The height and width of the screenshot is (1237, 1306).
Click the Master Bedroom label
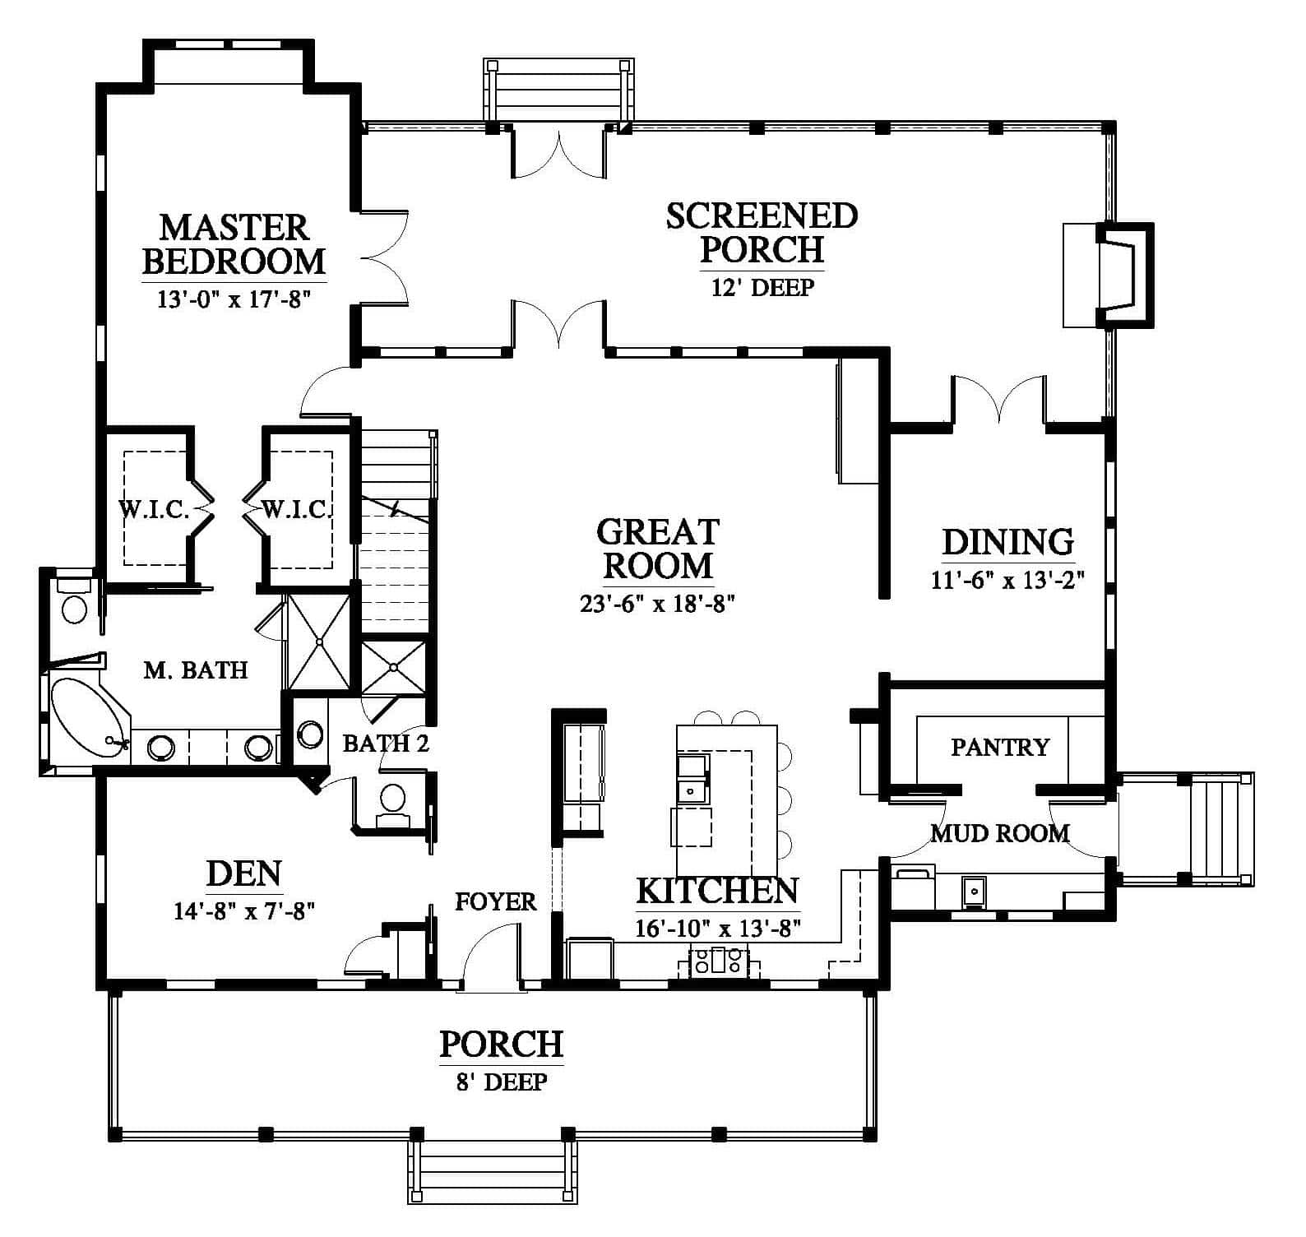(x=234, y=243)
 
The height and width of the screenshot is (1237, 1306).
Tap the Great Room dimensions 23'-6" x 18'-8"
(x=656, y=605)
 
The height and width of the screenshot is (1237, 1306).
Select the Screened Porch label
(x=762, y=232)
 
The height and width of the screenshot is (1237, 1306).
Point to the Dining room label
(x=1007, y=542)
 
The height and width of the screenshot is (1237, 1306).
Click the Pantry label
(x=1000, y=747)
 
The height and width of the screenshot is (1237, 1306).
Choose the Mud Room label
(x=1000, y=833)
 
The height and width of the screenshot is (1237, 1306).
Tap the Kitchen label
(x=717, y=891)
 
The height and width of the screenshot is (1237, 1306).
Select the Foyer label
(x=496, y=902)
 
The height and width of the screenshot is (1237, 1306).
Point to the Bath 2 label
(x=386, y=744)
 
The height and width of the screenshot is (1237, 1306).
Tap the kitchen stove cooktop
(x=712, y=960)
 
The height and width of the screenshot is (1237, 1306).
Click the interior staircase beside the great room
(x=395, y=530)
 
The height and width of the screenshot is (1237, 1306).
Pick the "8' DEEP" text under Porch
(x=501, y=1081)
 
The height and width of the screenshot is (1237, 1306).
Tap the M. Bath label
(x=196, y=670)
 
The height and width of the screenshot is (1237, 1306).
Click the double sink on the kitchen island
(x=692, y=778)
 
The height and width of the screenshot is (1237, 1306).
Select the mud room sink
(x=974, y=891)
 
